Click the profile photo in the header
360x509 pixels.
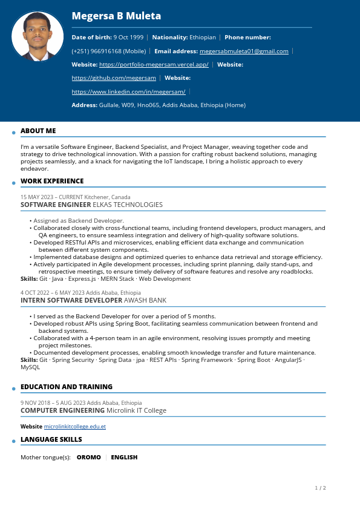[38, 37]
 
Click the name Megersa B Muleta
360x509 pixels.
[116, 16]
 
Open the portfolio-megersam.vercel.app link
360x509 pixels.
[154, 65]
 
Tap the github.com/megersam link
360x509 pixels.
[114, 78]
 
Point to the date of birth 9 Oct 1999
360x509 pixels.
[128, 38]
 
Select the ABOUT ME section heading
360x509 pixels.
[38, 131]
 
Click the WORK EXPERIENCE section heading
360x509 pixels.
[52, 181]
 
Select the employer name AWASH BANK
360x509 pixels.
[145, 300]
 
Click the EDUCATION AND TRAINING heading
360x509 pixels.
[67, 387]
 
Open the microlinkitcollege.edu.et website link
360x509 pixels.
[75, 427]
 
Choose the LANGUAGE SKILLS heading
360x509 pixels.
[51, 439]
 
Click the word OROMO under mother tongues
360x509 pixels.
[88, 458]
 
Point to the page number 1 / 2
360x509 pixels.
[320, 488]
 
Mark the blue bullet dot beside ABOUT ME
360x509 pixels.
[13, 133]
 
